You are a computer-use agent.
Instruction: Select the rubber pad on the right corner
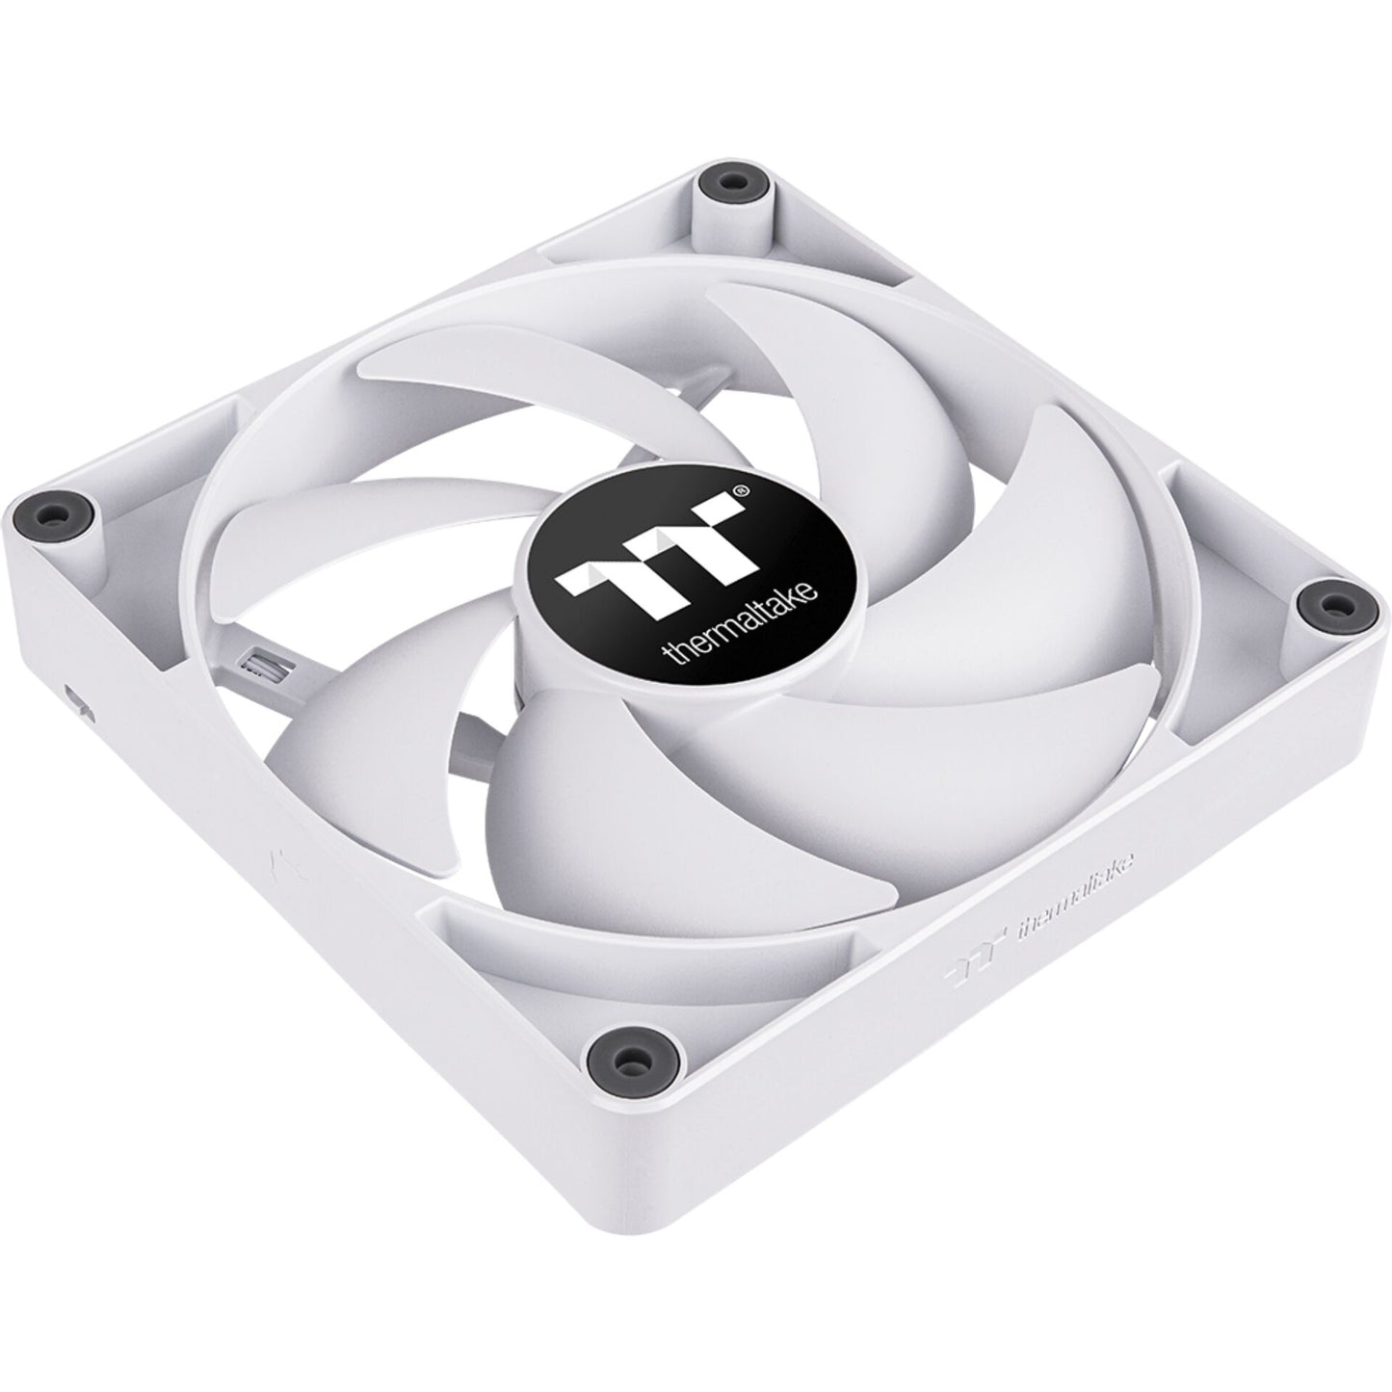coord(1327,604)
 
